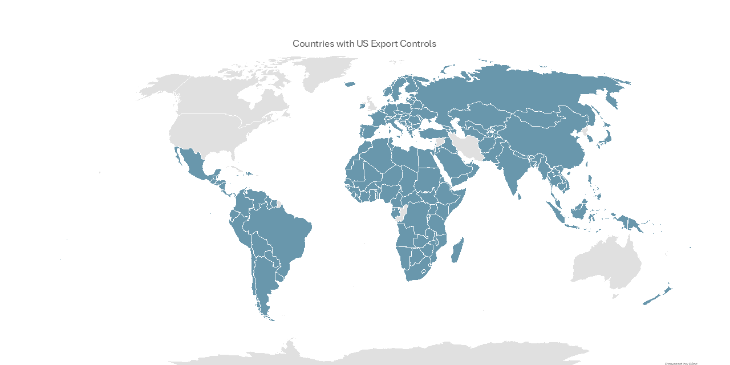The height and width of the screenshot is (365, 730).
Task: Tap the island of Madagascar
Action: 457,252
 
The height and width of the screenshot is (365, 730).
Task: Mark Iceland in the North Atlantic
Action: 350,85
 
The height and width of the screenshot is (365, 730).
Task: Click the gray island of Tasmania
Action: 615,296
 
